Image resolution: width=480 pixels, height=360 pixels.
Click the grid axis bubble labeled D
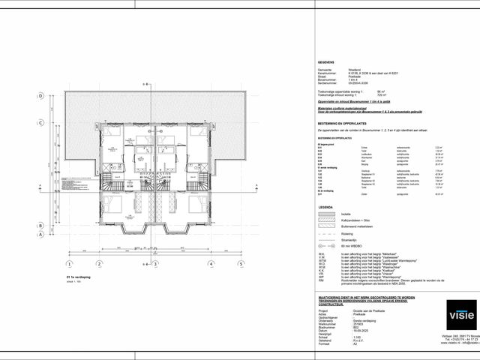40,95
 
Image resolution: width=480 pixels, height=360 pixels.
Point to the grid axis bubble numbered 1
69,264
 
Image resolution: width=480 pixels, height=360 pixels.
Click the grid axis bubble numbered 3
154,264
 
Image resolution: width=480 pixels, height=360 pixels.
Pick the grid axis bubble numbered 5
241,264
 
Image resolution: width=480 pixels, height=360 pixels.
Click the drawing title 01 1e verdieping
78,277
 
